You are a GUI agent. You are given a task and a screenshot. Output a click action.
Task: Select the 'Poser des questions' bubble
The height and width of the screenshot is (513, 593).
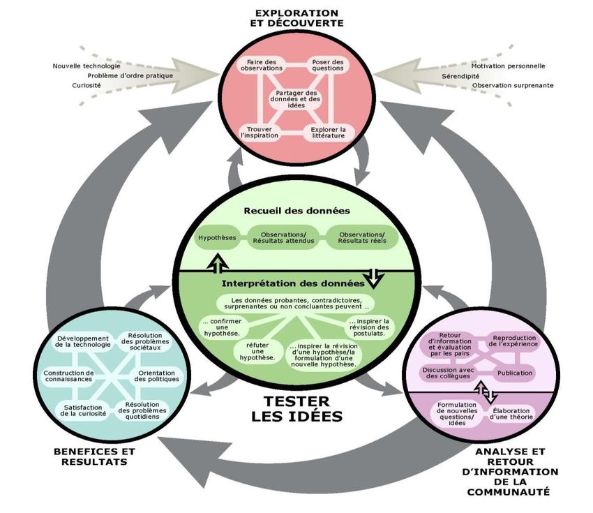[x=328, y=65]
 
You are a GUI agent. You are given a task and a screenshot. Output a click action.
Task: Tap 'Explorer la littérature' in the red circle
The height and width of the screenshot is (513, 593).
[x=328, y=132]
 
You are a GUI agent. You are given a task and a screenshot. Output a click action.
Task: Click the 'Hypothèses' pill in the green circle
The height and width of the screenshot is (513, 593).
[x=217, y=238]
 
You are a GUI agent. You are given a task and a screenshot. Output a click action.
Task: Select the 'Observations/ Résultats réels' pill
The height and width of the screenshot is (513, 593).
[x=361, y=238]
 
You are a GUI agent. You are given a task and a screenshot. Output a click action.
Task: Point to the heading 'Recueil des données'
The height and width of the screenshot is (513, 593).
[x=296, y=210]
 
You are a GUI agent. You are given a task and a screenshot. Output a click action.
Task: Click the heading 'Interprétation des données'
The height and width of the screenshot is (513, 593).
[x=292, y=283]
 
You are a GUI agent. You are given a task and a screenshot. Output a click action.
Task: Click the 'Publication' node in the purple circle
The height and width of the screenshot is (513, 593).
[x=514, y=373]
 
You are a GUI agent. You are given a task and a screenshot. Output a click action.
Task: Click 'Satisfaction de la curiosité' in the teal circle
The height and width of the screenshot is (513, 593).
[x=83, y=410]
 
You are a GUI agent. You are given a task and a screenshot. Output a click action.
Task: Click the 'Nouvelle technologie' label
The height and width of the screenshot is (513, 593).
[x=82, y=66]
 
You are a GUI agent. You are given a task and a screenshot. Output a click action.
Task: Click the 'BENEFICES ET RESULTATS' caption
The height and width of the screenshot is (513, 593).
[x=91, y=456]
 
